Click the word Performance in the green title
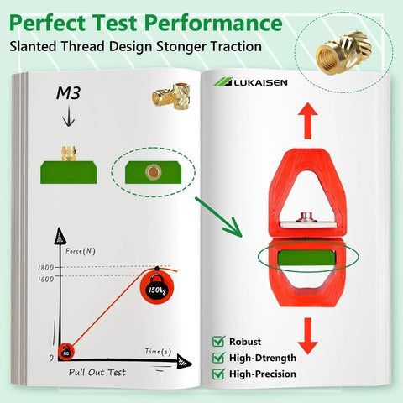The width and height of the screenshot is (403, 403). click(214, 24)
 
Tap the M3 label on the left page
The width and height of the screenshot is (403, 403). click(69, 93)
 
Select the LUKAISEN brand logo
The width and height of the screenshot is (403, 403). click(250, 82)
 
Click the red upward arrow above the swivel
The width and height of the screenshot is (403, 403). click(308, 121)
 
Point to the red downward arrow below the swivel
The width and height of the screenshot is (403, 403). click(308, 336)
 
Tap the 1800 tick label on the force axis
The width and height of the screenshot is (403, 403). click(46, 268)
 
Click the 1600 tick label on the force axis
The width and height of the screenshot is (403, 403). click(46, 280)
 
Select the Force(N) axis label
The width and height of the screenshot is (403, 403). click(81, 251)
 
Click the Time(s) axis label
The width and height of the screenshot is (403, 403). click(158, 351)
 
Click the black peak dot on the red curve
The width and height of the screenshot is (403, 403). click(157, 269)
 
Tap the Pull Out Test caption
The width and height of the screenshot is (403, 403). click(97, 373)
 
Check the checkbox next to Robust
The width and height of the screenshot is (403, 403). click(218, 342)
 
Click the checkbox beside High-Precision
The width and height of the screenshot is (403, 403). click(218, 374)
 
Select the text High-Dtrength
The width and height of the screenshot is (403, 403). click(263, 358)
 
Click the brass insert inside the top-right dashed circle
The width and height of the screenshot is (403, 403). click(343, 53)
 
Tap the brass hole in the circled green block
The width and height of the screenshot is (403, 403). click(153, 172)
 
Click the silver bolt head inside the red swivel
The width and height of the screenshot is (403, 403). click(306, 217)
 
